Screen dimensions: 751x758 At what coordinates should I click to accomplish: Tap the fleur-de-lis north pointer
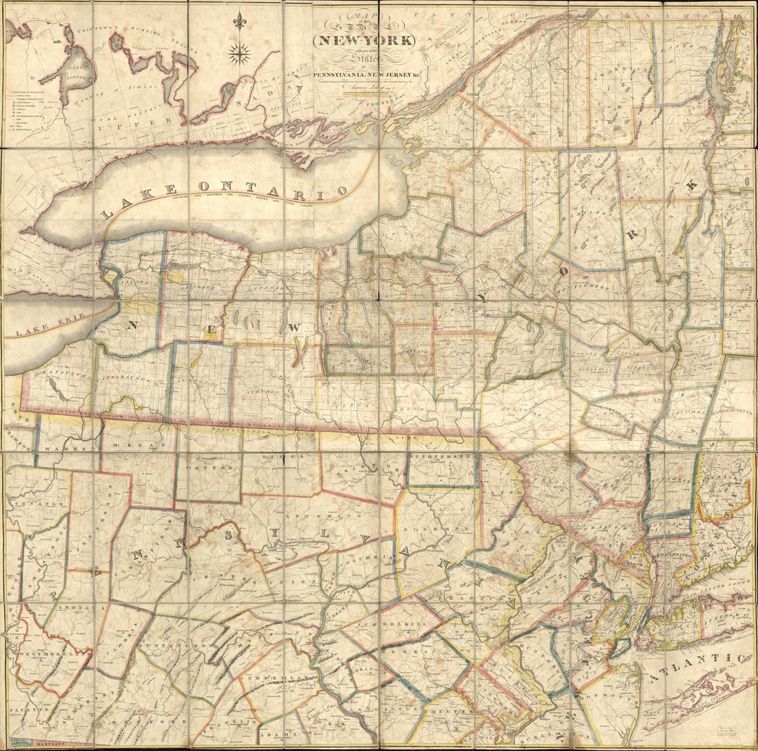point(240,21)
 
